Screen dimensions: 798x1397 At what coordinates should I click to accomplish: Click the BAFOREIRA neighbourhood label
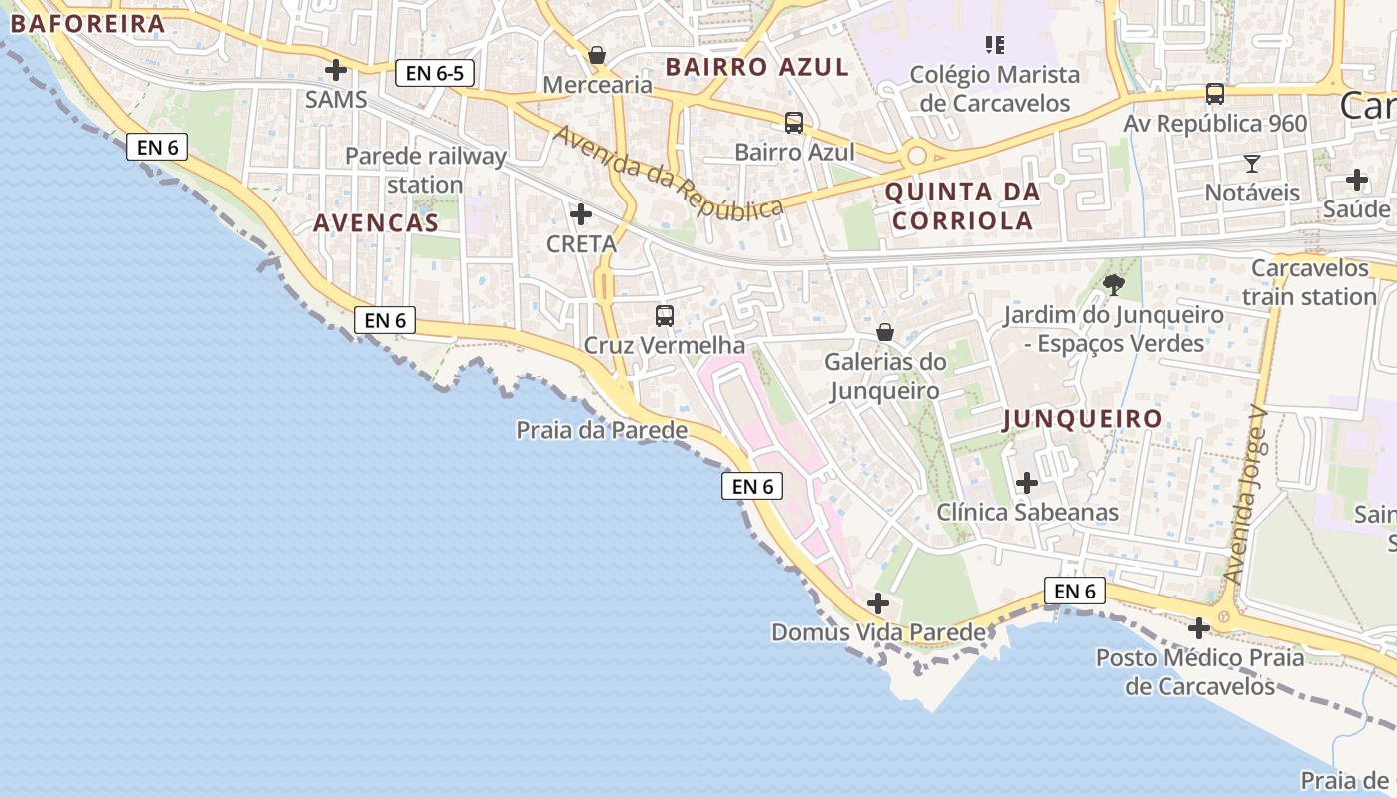tap(87, 24)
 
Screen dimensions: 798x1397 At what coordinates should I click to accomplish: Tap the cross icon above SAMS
tap(336, 70)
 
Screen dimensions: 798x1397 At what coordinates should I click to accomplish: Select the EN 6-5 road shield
tap(434, 72)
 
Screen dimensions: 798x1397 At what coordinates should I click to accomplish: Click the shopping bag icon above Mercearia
tap(597, 55)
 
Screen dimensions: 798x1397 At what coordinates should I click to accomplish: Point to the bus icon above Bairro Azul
tap(794, 123)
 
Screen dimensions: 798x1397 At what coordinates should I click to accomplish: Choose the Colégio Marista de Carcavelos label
tap(994, 88)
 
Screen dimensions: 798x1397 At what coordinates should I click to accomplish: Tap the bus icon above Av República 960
tap(1214, 94)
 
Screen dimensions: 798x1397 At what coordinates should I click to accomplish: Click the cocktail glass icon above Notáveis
tap(1252, 163)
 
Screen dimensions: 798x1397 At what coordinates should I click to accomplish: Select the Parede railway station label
tap(426, 170)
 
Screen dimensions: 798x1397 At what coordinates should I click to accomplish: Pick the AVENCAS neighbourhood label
tap(376, 223)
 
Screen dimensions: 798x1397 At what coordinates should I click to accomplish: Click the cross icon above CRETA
tap(581, 214)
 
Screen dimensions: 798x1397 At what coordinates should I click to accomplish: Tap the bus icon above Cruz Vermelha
tap(664, 316)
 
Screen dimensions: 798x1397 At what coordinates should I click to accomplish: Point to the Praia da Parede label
tap(602, 430)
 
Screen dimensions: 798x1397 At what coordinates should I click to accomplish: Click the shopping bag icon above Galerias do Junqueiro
tap(884, 332)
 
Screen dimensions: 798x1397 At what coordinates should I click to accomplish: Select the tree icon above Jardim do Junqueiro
tap(1114, 286)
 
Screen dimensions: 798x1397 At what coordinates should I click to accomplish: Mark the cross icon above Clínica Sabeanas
tap(1026, 484)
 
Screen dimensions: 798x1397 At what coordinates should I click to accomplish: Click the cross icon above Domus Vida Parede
tap(878, 603)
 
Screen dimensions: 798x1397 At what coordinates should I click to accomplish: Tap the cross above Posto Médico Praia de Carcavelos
tap(1199, 628)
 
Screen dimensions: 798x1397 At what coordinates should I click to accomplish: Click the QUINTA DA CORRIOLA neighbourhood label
tap(962, 205)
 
